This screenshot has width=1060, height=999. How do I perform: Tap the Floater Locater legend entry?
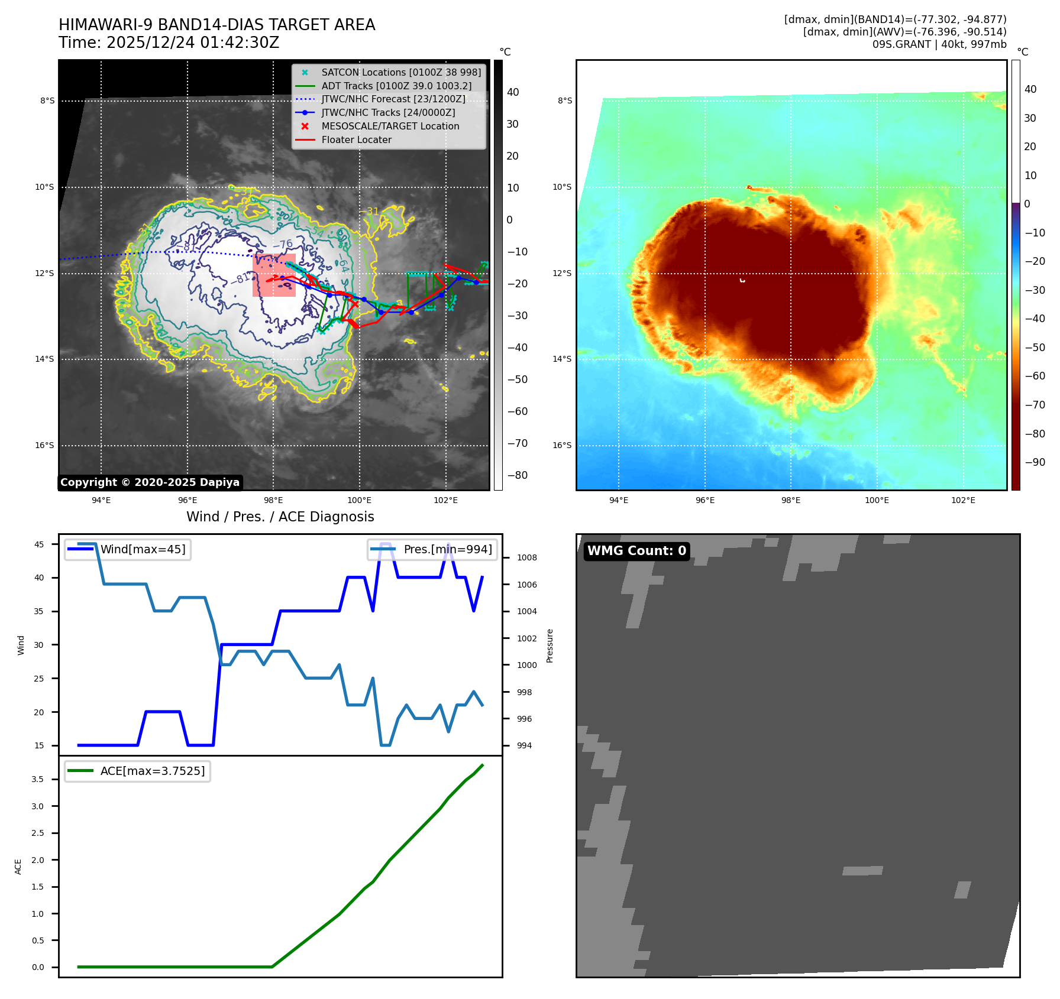pyautogui.click(x=356, y=140)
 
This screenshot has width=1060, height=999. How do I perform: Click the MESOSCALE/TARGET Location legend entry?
pyautogui.click(x=390, y=126)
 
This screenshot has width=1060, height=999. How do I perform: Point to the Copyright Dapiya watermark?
pyautogui.click(x=150, y=482)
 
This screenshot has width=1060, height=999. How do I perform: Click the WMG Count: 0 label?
pyautogui.click(x=636, y=551)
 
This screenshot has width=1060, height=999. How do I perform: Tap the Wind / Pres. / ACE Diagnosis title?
pyautogui.click(x=280, y=517)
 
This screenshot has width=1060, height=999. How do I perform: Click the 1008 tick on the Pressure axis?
pyautogui.click(x=526, y=557)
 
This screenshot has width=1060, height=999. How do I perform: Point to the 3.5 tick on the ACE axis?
pyautogui.click(x=38, y=779)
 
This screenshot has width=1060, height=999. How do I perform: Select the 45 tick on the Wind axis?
pyautogui.click(x=39, y=544)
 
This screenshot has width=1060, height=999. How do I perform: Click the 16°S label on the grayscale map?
pyautogui.click(x=44, y=445)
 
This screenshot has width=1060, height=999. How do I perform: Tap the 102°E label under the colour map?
pyautogui.click(x=963, y=500)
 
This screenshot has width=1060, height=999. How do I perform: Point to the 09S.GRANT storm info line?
pyautogui.click(x=939, y=44)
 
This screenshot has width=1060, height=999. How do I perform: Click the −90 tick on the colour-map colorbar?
pyautogui.click(x=1035, y=462)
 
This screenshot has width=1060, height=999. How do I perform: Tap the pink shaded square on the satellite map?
pyautogui.click(x=274, y=275)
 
